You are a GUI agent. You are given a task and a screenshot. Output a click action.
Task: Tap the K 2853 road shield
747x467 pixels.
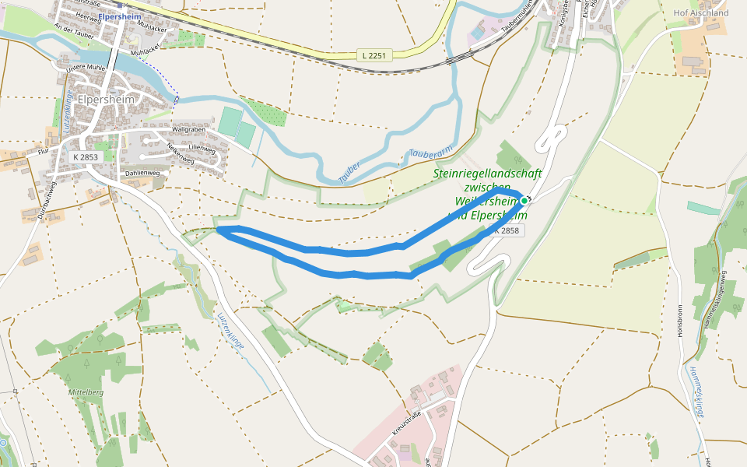pos(86,156)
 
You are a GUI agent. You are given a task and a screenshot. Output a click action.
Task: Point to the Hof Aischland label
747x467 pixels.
pos(701,13)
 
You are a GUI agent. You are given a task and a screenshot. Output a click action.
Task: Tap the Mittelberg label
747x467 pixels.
pos(86,392)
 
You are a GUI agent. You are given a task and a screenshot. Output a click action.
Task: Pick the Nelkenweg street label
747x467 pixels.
pos(179,153)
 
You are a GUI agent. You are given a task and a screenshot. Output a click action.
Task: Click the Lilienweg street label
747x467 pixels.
pos(201,146)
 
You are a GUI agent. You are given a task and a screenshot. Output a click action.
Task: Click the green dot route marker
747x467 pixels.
pos(524,201)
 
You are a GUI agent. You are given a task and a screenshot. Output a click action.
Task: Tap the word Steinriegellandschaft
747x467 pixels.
pos(487,174)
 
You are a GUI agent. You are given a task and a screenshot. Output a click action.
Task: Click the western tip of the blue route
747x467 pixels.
pos(219,230)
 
